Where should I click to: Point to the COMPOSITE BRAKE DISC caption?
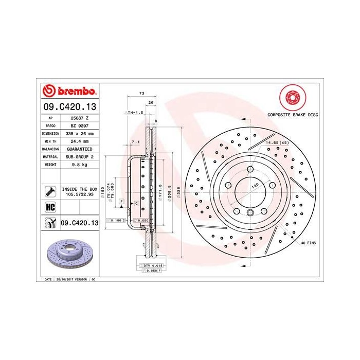coord(290,116)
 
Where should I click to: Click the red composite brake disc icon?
coord(290,98)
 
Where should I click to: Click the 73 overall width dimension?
coord(141,93)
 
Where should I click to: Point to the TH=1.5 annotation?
coord(135,112)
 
